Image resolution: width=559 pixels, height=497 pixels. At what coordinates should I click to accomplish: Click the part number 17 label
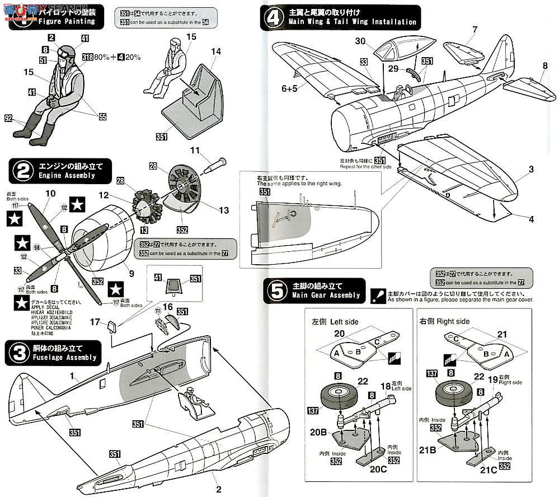[x=96, y=321]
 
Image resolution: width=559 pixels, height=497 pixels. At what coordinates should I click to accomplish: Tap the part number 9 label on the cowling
[x=131, y=273]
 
